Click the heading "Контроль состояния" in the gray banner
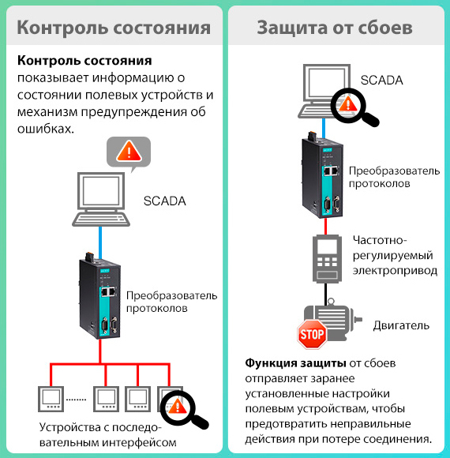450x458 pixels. (114, 28)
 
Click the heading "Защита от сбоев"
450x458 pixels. (335, 28)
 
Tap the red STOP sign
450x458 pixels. (312, 334)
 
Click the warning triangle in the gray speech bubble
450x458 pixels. (129, 152)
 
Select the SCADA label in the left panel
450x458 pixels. (165, 201)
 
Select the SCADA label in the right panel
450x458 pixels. (381, 80)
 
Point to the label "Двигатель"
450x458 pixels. (401, 325)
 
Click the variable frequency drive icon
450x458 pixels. (327, 258)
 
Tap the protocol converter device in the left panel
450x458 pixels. (100, 296)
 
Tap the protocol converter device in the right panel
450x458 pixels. (323, 175)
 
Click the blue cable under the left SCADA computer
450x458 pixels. (100, 242)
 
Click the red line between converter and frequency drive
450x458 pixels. (325, 226)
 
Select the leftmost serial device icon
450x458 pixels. (51, 399)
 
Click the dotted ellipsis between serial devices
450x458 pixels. (77, 400)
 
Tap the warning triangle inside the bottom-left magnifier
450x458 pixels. (177, 407)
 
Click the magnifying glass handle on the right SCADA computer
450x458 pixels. (371, 119)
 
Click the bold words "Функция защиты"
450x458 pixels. (295, 363)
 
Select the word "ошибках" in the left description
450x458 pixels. (46, 129)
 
